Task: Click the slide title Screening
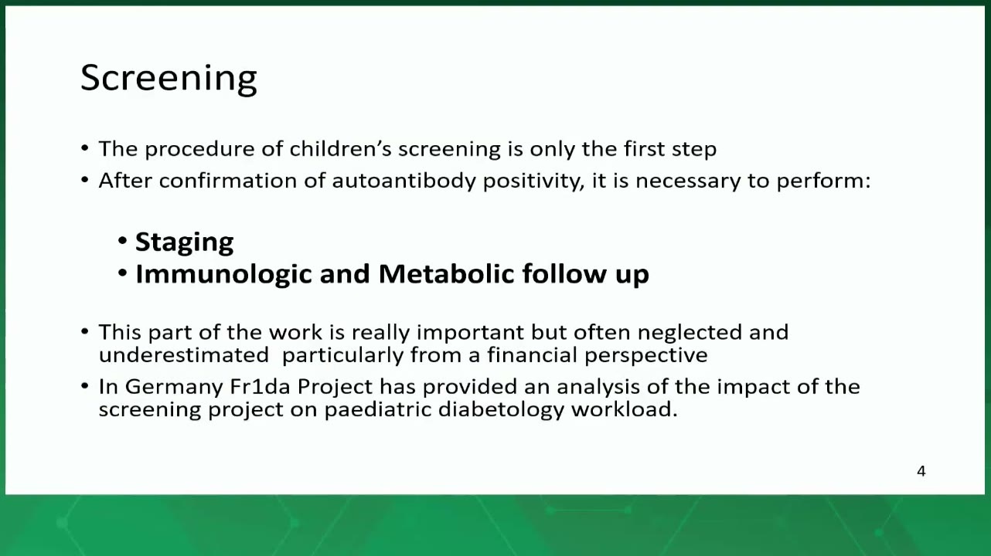(169, 78)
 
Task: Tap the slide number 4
(921, 471)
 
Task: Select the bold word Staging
(185, 242)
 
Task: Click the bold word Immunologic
(224, 274)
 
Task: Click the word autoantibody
(404, 181)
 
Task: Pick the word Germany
(174, 388)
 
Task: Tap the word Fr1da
(261, 387)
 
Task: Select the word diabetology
(501, 410)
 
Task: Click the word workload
(625, 409)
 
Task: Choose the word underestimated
(184, 355)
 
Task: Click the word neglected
(690, 333)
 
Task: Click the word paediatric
(378, 410)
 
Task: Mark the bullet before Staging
(123, 241)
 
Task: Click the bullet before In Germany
(85, 386)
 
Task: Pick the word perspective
(646, 356)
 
